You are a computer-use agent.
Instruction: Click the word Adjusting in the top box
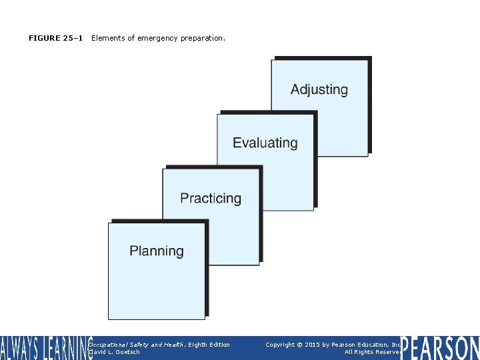pos(319,89)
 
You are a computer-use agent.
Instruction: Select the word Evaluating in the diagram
pos(265,143)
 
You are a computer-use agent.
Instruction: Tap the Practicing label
pos(211,198)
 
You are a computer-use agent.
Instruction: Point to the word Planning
pos(157,251)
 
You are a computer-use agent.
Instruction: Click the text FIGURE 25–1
pos(56,39)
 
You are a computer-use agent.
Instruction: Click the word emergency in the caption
pos(157,39)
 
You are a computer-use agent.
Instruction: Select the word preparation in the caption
pos(203,39)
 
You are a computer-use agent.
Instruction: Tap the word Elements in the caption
pos(106,39)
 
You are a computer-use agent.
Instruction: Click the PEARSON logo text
pos(440,348)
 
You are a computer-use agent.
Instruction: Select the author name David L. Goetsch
pos(115,352)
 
